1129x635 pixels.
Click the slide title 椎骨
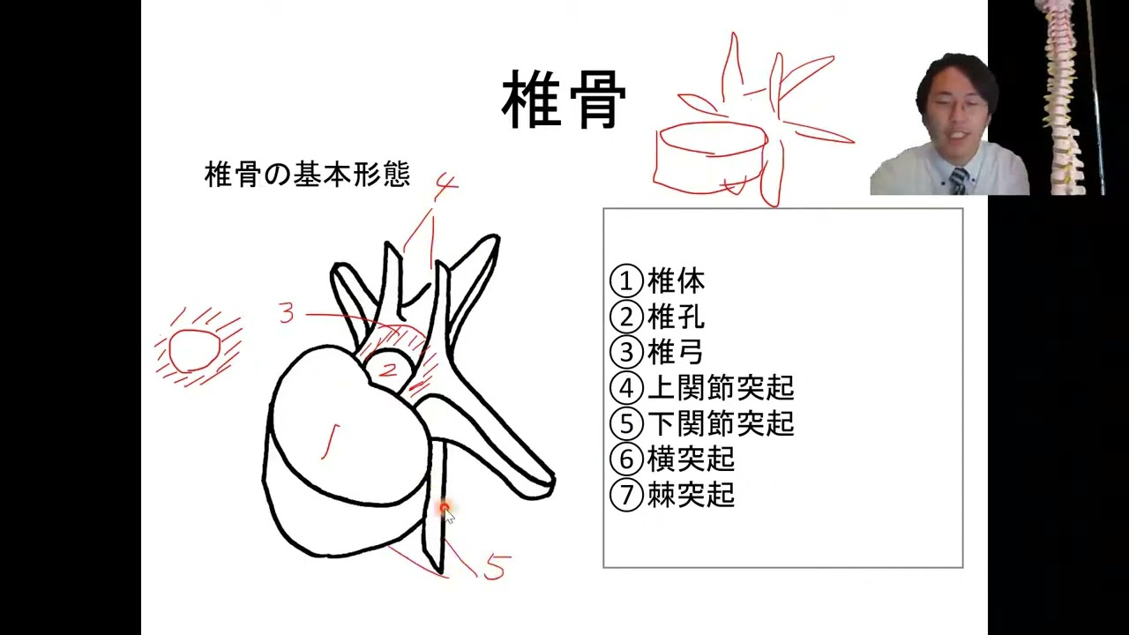[x=564, y=101]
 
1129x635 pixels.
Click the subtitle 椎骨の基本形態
[x=307, y=175]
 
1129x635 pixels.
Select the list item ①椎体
[x=657, y=281]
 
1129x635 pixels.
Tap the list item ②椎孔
[x=657, y=317]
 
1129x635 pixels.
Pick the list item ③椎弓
[x=657, y=352]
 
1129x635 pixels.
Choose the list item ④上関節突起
[x=702, y=387]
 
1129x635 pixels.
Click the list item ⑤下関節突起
[x=702, y=423]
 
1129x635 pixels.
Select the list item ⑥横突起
[x=672, y=459]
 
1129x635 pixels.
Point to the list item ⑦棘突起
[x=672, y=495]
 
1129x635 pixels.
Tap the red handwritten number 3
[x=286, y=312]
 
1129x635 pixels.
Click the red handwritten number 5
[x=496, y=567]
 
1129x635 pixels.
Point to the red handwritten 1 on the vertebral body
[x=330, y=440]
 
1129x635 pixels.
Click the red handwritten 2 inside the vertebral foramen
[x=387, y=370]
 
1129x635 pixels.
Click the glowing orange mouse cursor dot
[x=445, y=509]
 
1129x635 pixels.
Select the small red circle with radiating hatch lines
[x=195, y=351]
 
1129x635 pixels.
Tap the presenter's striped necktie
[x=958, y=181]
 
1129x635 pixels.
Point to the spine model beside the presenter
[x=1058, y=97]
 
